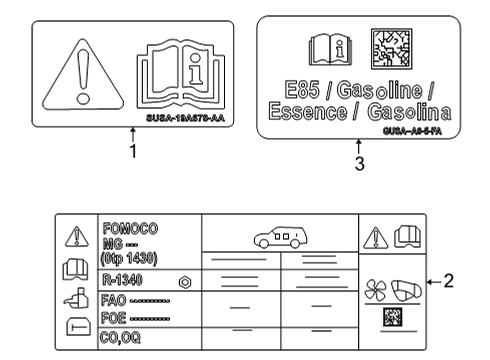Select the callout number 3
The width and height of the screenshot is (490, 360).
(357, 165)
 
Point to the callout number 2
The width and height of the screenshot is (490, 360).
(450, 281)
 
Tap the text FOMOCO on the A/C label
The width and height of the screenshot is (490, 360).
(124, 228)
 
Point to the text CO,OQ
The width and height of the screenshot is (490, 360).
(119, 337)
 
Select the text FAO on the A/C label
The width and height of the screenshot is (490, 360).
(112, 300)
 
